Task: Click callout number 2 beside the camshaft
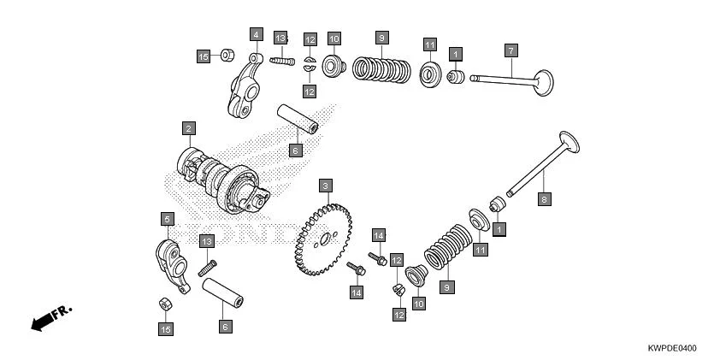[188, 128]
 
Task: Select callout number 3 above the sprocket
[325, 185]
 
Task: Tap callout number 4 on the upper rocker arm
[256, 34]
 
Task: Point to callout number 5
[168, 219]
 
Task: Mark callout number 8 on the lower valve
[543, 198]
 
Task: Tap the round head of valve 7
[542, 82]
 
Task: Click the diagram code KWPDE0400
[673, 349]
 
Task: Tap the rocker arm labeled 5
[168, 259]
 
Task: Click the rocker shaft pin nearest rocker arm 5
[223, 292]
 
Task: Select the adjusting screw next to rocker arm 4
[283, 60]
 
